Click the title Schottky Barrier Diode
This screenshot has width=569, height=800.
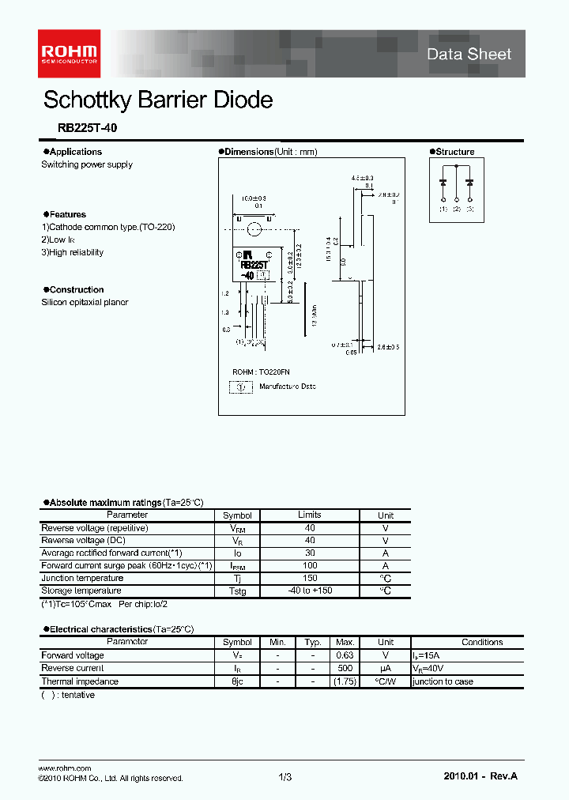tap(158, 100)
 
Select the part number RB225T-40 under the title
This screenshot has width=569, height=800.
tap(88, 126)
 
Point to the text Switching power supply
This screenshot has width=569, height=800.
tap(87, 164)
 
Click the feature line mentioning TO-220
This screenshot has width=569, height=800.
tap(108, 227)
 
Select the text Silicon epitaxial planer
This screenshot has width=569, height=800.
tap(85, 302)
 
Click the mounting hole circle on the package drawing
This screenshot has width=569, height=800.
tap(254, 230)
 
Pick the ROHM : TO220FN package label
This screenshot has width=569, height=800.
tap(262, 372)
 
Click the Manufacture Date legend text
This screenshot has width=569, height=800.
tap(288, 387)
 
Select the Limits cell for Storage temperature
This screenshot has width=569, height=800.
tap(309, 591)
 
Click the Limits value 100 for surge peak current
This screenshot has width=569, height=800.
tap(310, 566)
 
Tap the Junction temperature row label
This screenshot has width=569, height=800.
tap(82, 579)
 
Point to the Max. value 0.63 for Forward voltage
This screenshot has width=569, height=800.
tap(345, 655)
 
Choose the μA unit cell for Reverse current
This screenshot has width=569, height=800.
tap(386, 669)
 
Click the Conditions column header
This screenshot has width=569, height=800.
tap(482, 643)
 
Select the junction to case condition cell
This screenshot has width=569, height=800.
tap(443, 681)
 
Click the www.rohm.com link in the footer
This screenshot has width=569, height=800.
tap(65, 768)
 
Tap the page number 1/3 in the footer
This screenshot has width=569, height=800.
tap(285, 778)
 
